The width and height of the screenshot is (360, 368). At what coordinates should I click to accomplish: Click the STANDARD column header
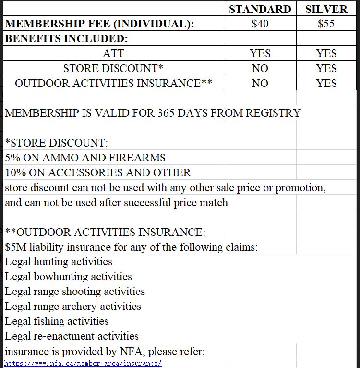tap(260, 9)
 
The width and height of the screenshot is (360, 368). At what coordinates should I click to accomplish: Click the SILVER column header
tap(326, 9)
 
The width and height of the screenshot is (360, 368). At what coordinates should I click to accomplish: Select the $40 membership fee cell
tap(260, 24)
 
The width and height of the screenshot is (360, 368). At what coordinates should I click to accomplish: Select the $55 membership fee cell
tap(326, 24)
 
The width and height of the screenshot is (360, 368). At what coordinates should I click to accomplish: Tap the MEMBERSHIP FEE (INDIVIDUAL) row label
tap(99, 24)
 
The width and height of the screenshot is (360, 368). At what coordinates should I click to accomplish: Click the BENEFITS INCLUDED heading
tap(66, 39)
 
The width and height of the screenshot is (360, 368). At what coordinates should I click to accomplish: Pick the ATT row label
tap(113, 53)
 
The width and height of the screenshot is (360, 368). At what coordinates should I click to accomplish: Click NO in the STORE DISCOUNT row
tap(260, 68)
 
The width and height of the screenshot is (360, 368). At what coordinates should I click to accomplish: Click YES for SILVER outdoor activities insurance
tap(326, 83)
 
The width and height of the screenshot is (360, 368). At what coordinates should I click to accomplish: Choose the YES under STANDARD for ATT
tap(260, 53)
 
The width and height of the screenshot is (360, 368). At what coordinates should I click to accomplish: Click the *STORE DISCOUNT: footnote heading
tap(56, 143)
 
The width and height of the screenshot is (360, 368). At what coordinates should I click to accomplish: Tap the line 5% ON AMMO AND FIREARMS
tap(85, 158)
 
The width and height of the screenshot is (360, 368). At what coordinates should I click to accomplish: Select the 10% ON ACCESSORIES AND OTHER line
tap(97, 173)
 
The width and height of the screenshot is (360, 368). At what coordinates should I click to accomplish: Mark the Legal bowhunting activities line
tap(68, 277)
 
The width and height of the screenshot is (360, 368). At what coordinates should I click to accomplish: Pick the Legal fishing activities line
tap(56, 321)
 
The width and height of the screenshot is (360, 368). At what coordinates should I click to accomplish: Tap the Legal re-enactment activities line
tap(72, 336)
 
